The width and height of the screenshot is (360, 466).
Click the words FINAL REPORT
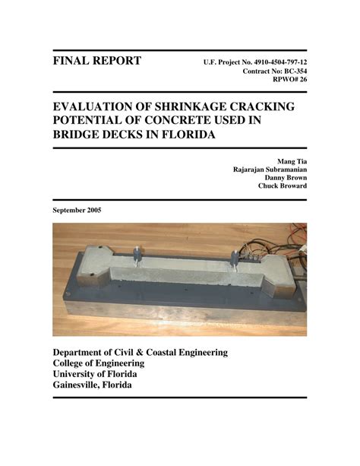tap(96, 61)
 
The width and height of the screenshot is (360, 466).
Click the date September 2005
tap(77, 210)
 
